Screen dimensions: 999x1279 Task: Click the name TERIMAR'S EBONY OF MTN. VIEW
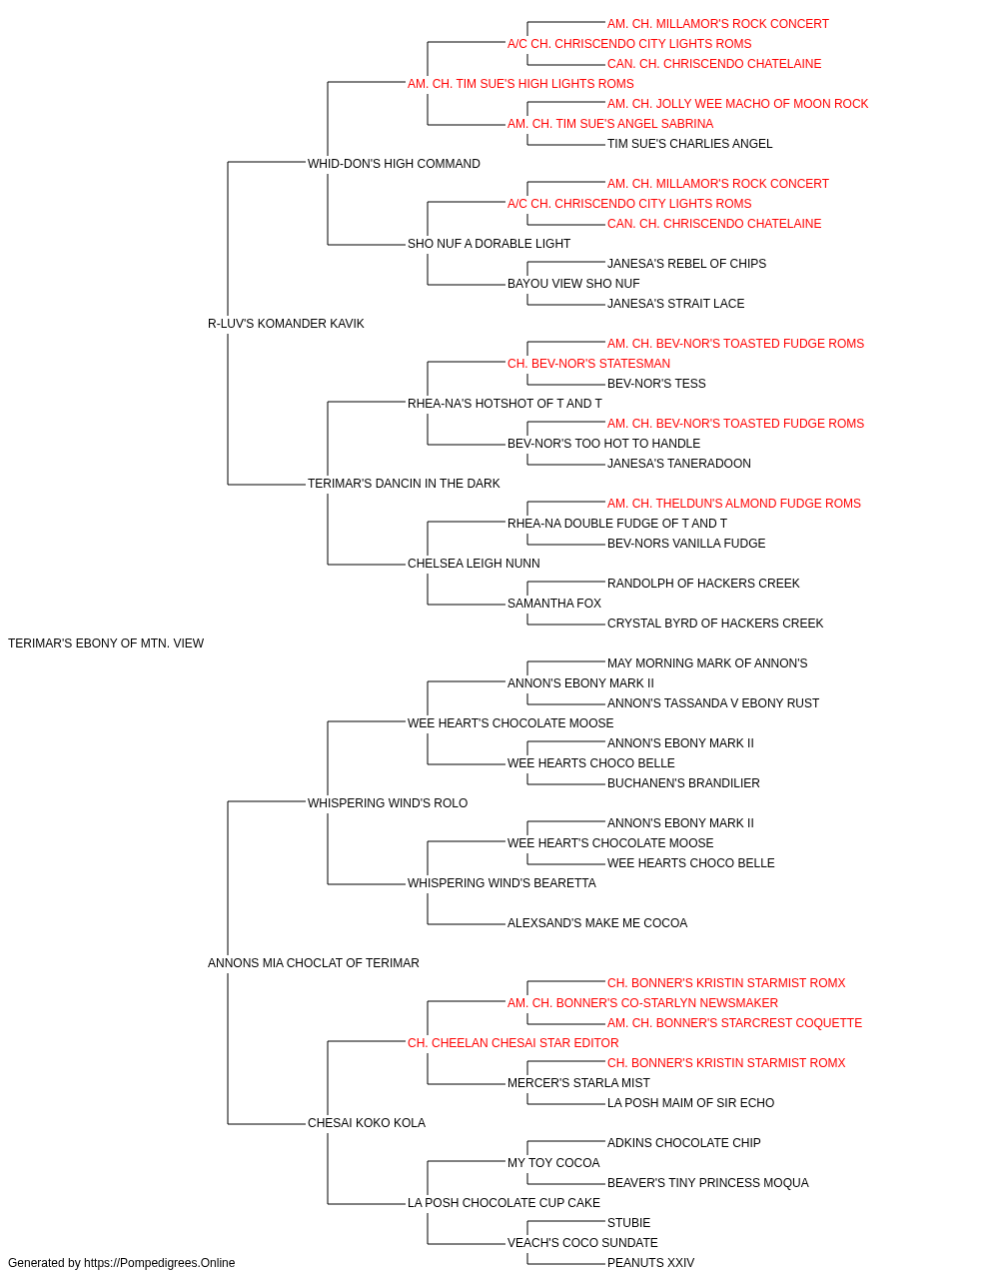point(106,643)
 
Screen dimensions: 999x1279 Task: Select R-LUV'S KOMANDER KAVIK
point(286,324)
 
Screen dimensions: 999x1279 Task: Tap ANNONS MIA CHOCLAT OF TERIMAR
point(314,963)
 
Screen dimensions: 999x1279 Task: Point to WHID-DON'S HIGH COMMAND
point(394,164)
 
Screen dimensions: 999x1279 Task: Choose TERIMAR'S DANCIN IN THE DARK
point(404,484)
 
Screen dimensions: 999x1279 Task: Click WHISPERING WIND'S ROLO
point(388,802)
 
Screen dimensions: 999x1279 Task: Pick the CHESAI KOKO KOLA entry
point(367,1122)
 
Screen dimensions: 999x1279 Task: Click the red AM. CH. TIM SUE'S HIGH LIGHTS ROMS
point(520,84)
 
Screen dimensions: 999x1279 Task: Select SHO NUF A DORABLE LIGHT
point(489,244)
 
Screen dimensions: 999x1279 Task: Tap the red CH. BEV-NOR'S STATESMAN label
point(589,363)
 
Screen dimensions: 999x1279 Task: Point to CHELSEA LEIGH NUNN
point(474,564)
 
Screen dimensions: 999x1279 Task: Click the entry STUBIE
point(629,1222)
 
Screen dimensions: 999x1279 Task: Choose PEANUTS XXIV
point(650,1263)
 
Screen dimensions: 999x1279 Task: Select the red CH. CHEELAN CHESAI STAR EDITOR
point(513,1043)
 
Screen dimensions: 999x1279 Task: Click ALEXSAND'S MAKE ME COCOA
point(597,923)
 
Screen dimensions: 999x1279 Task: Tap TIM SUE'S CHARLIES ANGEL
point(690,144)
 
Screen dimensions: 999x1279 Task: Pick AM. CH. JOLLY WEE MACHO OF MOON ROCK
point(738,104)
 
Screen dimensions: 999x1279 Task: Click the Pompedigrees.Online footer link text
point(160,1263)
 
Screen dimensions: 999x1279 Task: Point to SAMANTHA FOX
point(554,604)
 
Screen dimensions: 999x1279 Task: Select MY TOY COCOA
point(553,1162)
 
